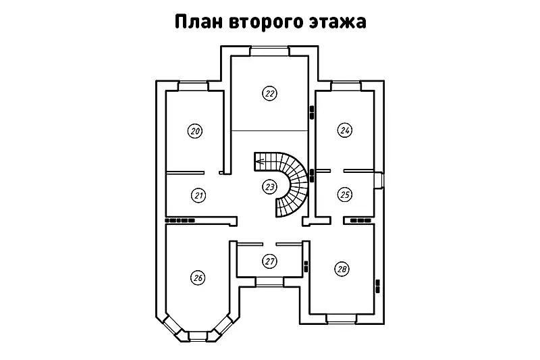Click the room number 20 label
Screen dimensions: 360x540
195,131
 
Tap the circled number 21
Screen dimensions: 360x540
198,195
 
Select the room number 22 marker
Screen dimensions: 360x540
269,94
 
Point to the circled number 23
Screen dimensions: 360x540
269,186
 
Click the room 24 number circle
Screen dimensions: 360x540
345,130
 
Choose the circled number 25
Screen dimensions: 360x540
345,195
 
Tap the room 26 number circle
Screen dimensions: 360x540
198,277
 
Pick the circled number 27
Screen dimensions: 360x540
269,261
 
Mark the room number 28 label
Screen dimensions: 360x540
342,269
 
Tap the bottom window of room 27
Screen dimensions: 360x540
269,280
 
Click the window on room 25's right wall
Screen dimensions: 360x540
380,180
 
